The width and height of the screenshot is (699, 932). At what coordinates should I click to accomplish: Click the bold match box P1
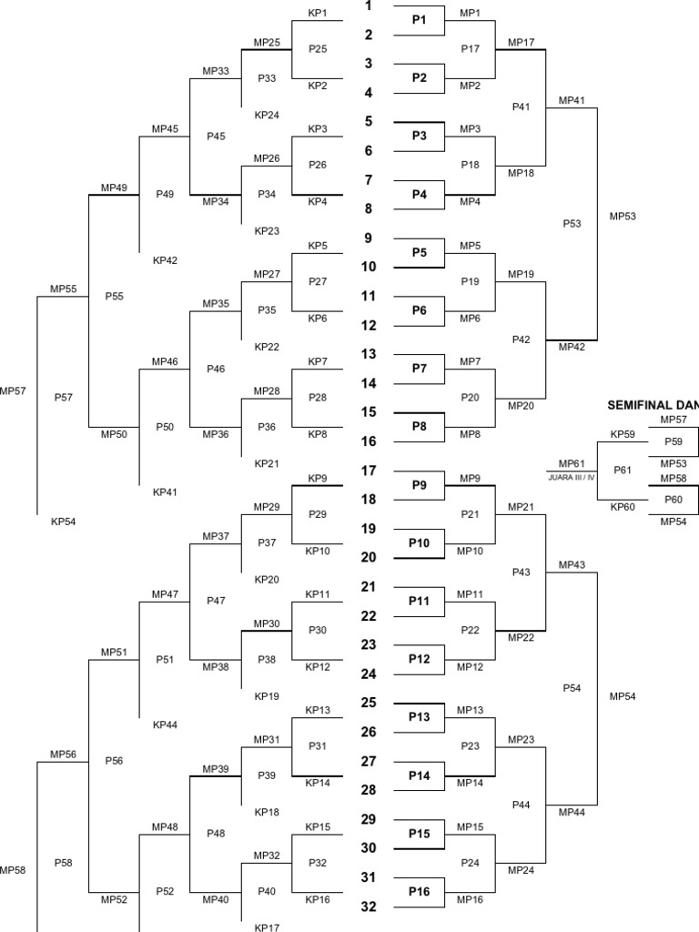click(419, 20)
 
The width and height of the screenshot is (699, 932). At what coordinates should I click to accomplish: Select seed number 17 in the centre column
click(368, 471)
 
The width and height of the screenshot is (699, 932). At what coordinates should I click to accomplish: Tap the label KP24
click(267, 115)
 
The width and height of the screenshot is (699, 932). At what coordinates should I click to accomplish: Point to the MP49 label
click(114, 187)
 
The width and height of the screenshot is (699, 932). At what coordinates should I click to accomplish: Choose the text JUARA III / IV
click(572, 476)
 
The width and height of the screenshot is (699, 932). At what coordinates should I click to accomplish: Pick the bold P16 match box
click(419, 892)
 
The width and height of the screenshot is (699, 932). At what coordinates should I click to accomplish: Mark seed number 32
click(368, 907)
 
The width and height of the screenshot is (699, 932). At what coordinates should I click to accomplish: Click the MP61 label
click(572, 463)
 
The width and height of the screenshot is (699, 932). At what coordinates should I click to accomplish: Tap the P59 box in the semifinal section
click(673, 441)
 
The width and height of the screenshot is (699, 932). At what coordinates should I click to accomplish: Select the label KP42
click(165, 259)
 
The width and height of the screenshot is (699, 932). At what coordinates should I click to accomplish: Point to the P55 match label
click(114, 296)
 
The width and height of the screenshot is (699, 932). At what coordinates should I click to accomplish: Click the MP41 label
click(572, 100)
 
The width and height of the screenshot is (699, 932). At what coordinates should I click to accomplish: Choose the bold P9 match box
click(419, 485)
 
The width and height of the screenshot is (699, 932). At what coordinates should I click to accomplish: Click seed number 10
click(368, 267)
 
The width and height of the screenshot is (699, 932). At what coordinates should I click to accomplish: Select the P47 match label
click(216, 601)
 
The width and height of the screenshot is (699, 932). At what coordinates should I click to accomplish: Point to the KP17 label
click(267, 928)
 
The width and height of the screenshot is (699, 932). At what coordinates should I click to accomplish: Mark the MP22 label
click(521, 637)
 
